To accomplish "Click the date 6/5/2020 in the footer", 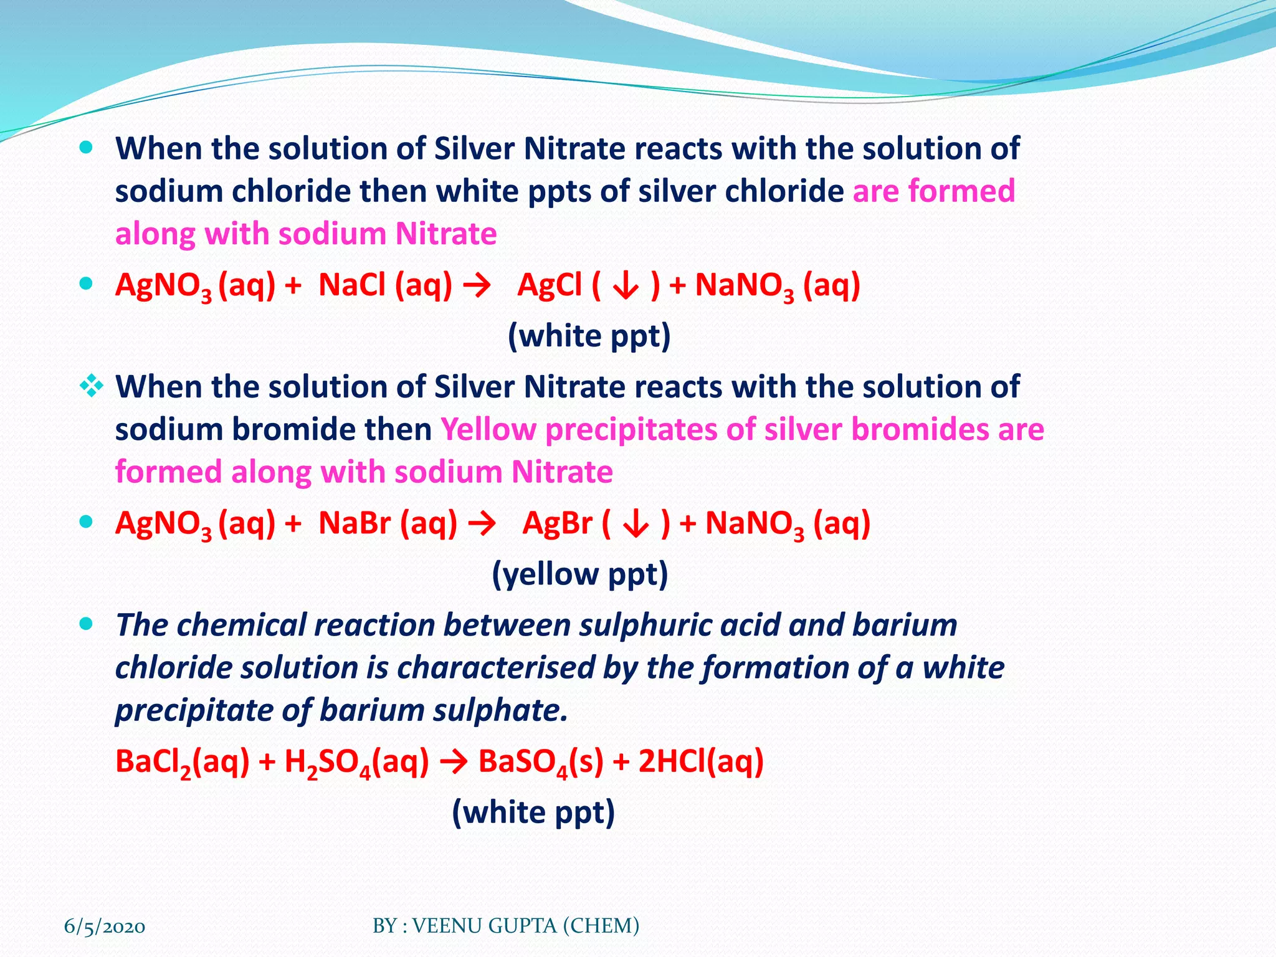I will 105,926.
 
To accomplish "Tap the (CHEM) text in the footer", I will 601,926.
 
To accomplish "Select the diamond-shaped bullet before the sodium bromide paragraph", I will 92,386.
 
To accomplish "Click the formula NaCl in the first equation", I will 352,285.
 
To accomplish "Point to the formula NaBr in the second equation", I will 355,523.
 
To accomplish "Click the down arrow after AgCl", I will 626,287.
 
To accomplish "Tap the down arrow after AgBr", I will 636,525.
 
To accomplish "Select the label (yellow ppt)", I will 580,574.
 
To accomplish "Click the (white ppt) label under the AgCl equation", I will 589,336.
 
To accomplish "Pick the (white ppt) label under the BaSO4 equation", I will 533,812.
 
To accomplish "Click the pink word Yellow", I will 488,430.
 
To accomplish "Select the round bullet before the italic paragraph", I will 87,624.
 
